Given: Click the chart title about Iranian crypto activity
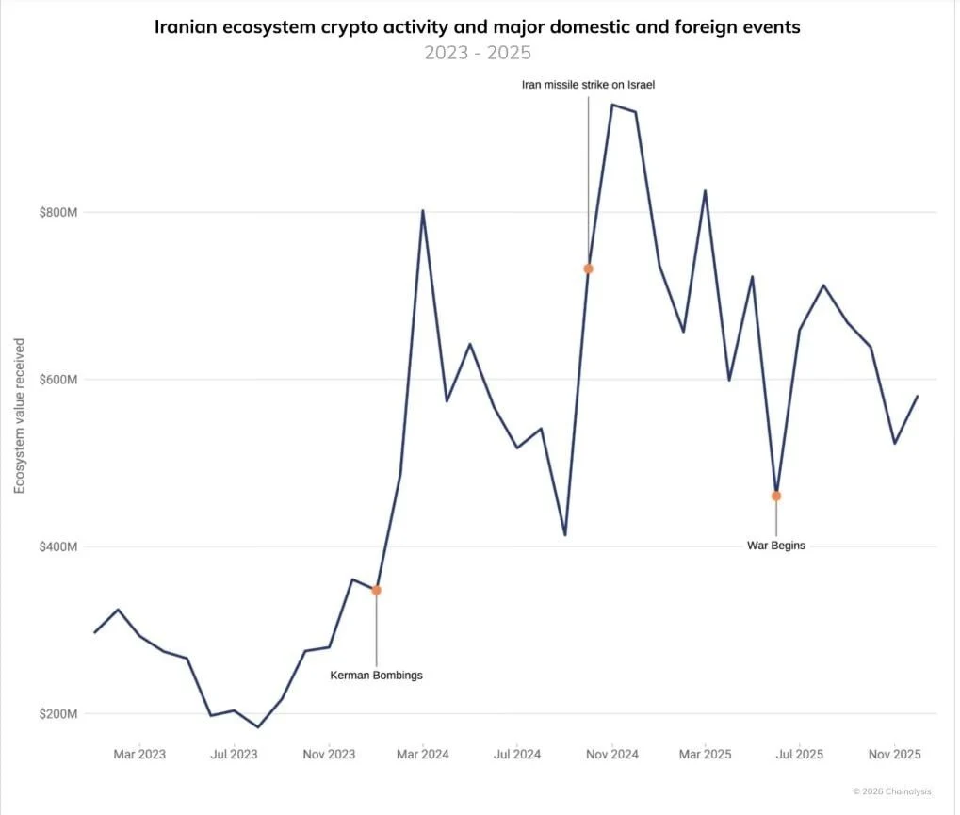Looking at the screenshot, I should coord(477,27).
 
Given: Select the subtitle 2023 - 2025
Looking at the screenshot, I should coord(477,52).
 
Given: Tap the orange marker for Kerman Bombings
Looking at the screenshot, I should coord(376,590).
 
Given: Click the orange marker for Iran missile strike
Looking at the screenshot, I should coord(589,269).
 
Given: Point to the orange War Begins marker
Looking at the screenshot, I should coord(776,496).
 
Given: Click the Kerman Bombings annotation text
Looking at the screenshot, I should coord(376,676).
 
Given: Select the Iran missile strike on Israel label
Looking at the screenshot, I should coord(588,85).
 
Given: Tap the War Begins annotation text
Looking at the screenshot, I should coord(776,546).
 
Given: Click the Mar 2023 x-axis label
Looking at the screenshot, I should coord(138,755).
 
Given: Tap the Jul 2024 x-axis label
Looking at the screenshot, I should coord(516,755).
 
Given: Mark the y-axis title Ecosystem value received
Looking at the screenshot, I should coord(19,415).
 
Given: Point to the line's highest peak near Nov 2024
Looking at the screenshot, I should coord(612,105).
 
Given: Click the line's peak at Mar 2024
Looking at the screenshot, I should coord(423,210).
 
